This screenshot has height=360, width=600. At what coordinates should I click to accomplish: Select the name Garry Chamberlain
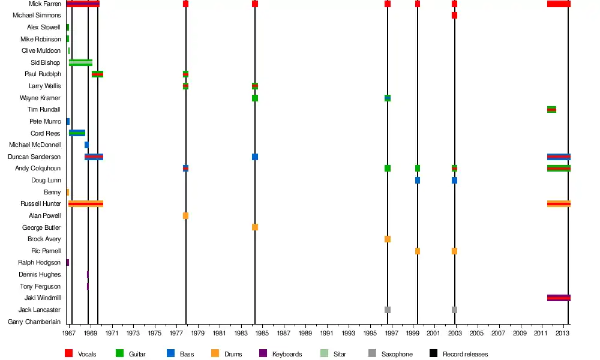[34, 322]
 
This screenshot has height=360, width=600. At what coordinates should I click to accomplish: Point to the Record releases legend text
[465, 354]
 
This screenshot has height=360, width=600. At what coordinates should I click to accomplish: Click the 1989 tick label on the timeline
[305, 332]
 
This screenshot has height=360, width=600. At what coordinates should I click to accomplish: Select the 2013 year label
[563, 332]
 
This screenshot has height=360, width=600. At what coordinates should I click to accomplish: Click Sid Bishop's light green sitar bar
[81, 62]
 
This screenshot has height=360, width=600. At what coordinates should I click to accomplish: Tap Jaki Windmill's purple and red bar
[559, 298]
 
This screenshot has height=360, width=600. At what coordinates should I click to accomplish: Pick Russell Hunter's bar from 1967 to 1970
[86, 204]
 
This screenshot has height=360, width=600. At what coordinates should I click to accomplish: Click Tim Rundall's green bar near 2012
[551, 109]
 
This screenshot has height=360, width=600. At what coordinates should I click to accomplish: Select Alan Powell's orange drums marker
[186, 215]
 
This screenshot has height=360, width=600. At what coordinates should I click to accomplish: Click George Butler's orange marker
[255, 227]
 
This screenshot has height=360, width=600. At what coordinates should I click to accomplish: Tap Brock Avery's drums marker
[388, 239]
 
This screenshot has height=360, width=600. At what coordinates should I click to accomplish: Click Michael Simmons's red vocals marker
[454, 16]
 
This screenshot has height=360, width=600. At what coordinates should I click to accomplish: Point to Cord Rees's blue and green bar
[77, 133]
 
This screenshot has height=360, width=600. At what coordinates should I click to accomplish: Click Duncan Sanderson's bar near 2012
[559, 157]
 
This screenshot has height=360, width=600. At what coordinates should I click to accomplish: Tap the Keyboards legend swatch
[262, 354]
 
